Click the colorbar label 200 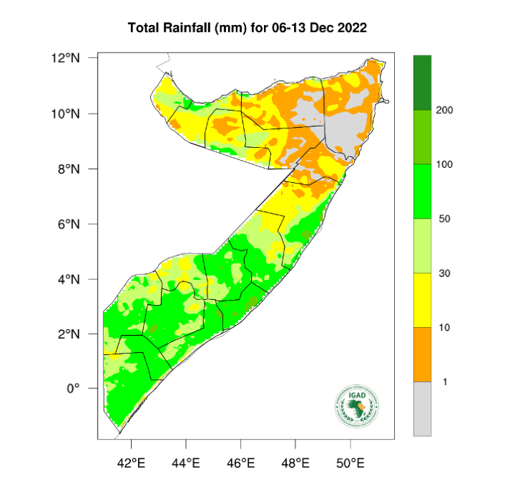click(x=445, y=110)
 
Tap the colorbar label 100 click(x=445, y=164)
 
